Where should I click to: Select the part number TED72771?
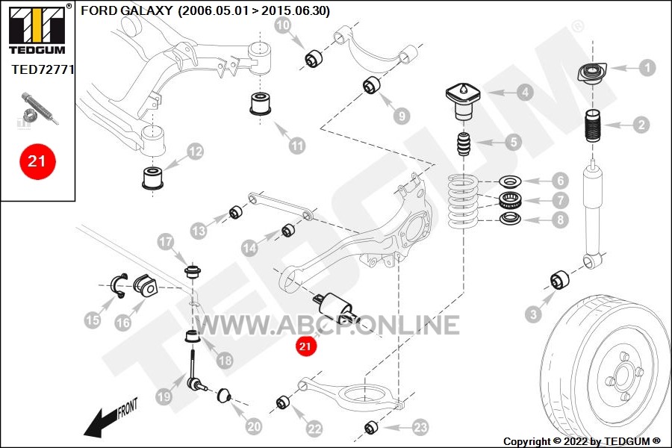(43, 69)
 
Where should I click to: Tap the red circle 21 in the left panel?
(37, 161)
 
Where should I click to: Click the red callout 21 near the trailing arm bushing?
(305, 346)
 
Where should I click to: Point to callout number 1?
(647, 67)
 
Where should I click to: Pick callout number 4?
(525, 92)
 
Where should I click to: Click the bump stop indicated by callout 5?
(464, 144)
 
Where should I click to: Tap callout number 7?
(560, 200)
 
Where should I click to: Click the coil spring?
(463, 202)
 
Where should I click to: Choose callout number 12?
(195, 152)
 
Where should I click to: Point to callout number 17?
(166, 242)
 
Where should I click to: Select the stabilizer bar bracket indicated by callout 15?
(118, 285)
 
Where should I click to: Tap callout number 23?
(420, 427)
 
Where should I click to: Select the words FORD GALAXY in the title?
(127, 10)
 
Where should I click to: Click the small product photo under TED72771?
(38, 110)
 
